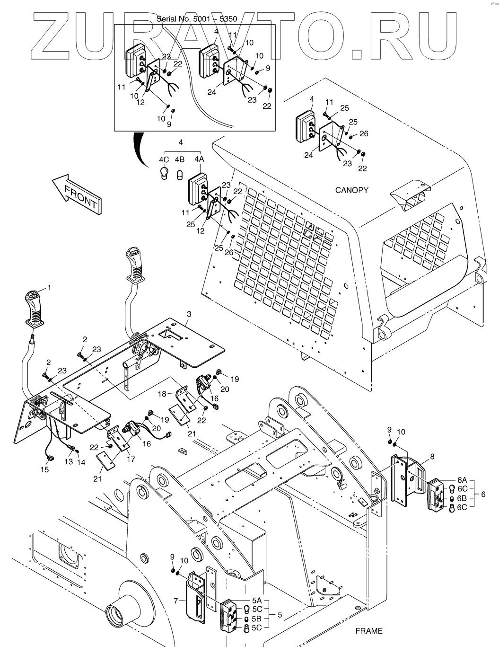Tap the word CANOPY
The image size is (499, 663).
[351, 190]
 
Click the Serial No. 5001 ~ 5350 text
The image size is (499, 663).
[196, 19]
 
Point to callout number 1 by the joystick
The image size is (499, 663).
[49, 288]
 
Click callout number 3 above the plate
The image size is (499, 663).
[189, 314]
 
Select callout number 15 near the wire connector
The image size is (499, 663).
[45, 469]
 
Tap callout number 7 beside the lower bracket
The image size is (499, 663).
[176, 601]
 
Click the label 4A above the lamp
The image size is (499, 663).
[199, 159]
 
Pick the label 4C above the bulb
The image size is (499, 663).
[164, 159]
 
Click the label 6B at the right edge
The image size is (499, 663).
[462, 498]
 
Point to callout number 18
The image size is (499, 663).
[162, 394]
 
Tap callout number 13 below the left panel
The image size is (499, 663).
[69, 462]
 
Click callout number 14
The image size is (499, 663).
[81, 462]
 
